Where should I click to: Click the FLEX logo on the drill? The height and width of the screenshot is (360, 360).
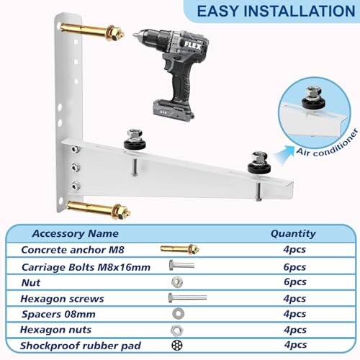tap(192, 45)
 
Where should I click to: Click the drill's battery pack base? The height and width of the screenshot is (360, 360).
tap(174, 110)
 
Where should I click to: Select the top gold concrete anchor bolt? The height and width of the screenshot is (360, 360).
tap(91, 32)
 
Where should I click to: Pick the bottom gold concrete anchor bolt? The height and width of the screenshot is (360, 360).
tap(99, 210)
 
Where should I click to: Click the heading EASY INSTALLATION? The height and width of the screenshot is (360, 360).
tap(276, 12)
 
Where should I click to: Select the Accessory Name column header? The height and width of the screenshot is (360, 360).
tap(76, 233)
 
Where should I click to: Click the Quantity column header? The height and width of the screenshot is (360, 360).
tap(293, 233)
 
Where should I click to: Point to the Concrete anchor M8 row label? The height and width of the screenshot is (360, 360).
tap(73, 250)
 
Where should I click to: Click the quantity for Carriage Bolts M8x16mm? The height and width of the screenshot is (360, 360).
tap(294, 267)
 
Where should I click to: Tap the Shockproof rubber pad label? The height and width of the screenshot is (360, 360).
tap(81, 346)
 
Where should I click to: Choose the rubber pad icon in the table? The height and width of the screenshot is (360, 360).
tap(177, 345)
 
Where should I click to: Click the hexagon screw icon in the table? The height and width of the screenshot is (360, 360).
tap(188, 298)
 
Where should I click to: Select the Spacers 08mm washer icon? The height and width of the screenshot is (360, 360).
tap(178, 313)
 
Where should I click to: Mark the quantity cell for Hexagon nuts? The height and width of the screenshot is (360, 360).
tap(295, 330)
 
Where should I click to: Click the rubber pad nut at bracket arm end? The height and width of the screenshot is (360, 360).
tap(259, 161)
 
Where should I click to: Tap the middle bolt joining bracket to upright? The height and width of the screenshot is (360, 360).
tap(76, 167)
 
